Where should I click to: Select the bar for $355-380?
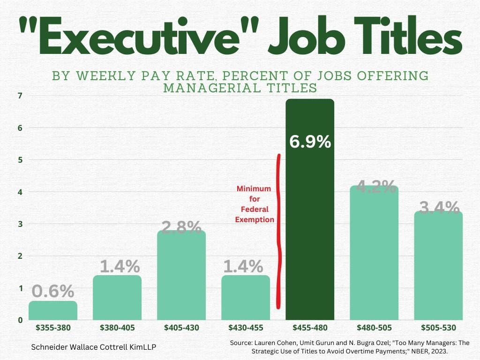click(x=53, y=310)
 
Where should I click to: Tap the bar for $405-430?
click(x=181, y=277)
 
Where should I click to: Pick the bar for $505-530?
click(x=438, y=267)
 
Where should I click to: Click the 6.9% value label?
click(x=310, y=142)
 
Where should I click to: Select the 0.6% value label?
click(x=53, y=292)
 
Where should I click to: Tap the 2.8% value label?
click(x=181, y=227)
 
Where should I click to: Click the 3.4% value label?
click(x=439, y=207)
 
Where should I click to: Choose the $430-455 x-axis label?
click(x=246, y=328)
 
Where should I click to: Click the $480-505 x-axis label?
click(x=374, y=328)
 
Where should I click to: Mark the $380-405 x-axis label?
click(x=117, y=328)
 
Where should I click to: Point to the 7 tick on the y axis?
click(x=20, y=96)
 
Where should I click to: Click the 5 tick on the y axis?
click(x=20, y=160)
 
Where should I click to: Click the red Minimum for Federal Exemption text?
click(x=254, y=204)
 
